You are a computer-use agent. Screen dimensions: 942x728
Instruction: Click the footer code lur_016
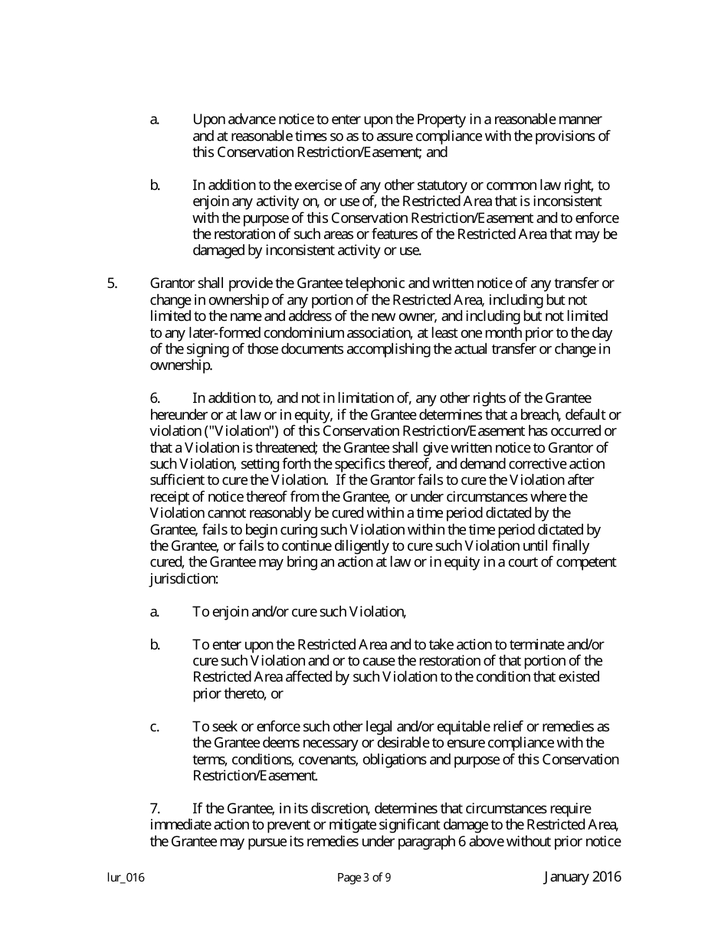coord(126,878)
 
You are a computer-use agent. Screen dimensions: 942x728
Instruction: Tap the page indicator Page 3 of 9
coord(364,878)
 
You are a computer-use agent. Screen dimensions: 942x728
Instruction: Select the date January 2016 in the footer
coord(582,877)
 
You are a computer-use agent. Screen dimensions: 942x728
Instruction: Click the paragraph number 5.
coord(112,283)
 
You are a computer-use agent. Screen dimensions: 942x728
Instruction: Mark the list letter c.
coord(154,727)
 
